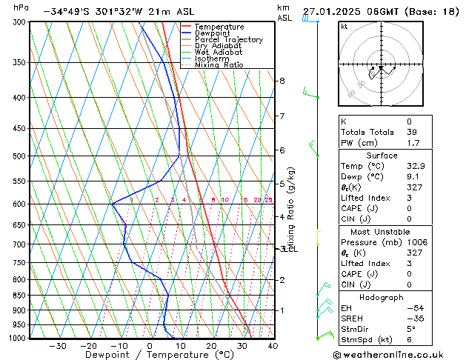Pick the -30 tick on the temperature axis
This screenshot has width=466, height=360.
(x=58, y=345)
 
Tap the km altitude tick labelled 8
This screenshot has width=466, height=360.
(x=282, y=80)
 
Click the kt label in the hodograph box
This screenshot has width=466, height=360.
(x=344, y=27)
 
